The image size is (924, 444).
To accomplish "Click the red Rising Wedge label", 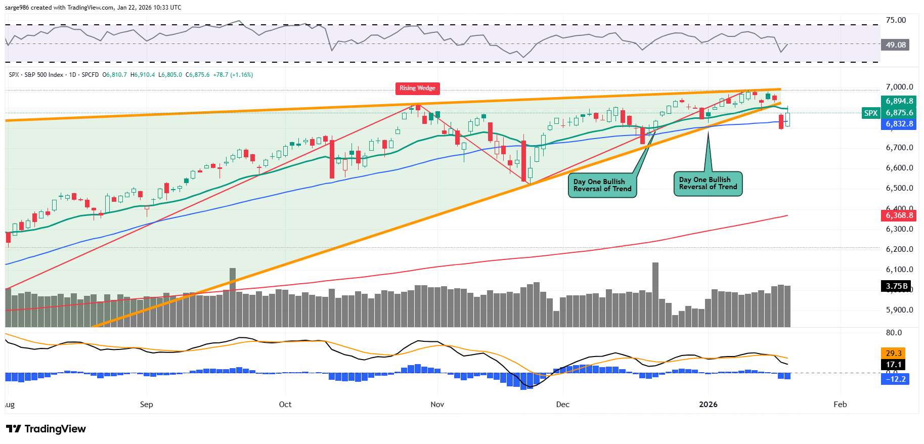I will [417, 88].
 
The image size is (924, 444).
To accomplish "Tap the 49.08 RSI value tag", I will [895, 45].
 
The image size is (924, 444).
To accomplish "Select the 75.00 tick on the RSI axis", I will [896, 20].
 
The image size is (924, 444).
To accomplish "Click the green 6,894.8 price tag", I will [899, 101].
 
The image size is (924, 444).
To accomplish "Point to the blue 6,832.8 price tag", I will [899, 124].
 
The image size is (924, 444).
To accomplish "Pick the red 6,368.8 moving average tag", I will [899, 215].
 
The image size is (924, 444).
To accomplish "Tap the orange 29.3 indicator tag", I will [893, 353].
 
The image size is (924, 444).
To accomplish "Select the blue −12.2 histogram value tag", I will [895, 379].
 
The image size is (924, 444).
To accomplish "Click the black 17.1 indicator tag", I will [893, 365].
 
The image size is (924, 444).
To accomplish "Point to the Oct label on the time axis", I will [285, 405].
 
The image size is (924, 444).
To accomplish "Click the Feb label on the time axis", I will [840, 405].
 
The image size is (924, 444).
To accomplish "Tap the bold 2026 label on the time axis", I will [708, 405].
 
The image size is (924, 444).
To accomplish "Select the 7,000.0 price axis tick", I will [899, 87].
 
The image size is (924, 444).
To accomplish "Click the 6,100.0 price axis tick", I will [899, 270].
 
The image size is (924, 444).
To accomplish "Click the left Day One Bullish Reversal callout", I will [602, 186].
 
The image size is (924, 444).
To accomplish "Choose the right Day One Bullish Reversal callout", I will [708, 184].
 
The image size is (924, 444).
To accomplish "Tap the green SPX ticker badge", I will [870, 113].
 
